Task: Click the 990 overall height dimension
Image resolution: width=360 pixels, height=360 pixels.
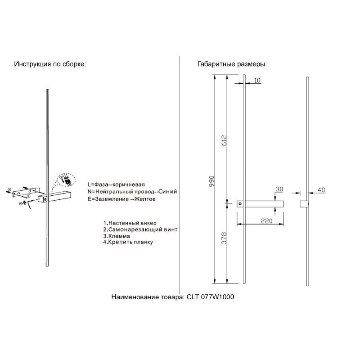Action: [211, 181]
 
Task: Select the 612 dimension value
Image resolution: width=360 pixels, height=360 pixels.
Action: [224, 140]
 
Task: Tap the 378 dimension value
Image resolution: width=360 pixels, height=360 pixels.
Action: [224, 238]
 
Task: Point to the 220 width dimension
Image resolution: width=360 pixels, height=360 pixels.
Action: [266, 220]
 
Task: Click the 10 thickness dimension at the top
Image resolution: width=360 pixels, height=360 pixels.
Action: [257, 80]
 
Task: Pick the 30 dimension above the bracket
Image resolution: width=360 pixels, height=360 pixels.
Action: [279, 189]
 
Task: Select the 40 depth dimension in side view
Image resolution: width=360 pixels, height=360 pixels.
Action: [321, 190]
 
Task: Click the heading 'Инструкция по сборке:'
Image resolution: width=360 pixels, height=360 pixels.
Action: [50, 64]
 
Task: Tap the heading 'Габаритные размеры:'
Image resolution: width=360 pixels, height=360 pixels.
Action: [232, 64]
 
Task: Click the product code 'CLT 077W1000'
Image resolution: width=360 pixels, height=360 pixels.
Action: [210, 297]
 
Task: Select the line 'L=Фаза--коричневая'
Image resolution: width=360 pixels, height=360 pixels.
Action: [116, 184]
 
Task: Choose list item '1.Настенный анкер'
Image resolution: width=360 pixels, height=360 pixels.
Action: [130, 223]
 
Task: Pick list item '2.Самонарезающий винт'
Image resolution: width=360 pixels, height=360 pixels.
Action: [140, 229]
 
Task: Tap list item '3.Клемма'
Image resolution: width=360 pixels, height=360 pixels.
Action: [117, 236]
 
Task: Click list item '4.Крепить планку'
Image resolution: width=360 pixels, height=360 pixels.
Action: [128, 242]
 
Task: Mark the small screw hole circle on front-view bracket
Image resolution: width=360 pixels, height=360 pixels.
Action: [240, 204]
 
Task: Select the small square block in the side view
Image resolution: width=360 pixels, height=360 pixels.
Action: [304, 204]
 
